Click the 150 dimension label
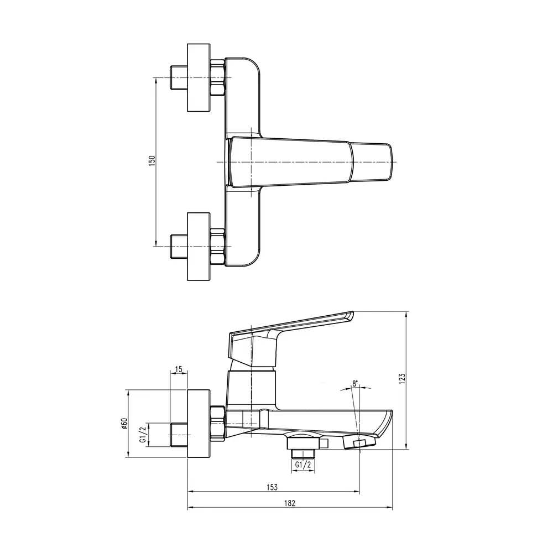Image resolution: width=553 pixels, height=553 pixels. point(152,161)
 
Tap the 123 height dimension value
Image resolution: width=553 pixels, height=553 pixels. point(401,378)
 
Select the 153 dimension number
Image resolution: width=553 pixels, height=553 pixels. point(272,487)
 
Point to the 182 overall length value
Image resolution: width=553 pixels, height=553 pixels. point(290,503)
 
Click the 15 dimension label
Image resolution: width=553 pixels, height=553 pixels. point(179,369)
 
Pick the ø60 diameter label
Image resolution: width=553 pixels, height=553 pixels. point(124,423)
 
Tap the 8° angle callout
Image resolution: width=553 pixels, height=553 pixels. point(355,384)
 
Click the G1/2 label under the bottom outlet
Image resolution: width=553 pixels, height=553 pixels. point(303,465)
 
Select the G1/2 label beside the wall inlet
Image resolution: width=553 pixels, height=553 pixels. point(143,435)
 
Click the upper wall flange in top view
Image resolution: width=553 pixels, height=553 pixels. point(199,77)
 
